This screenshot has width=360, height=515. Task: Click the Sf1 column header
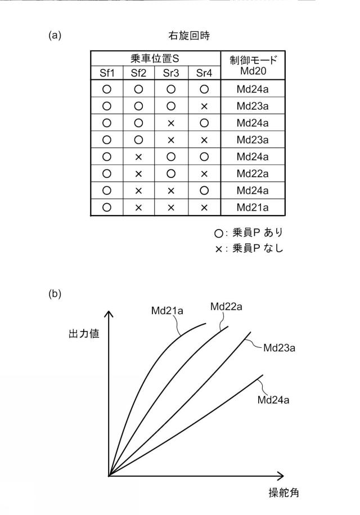pos(107,73)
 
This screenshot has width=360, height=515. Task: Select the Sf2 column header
pos(138,73)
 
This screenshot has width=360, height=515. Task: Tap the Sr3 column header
pos(171,73)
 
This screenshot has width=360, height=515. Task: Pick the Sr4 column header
pos(204,73)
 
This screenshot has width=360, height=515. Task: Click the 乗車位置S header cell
pos(155,59)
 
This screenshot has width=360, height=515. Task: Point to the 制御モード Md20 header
pos(253,65)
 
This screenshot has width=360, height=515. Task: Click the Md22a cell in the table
pos(253,173)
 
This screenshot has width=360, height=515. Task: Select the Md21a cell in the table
pos(253,208)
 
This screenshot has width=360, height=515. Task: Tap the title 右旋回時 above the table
pos(189,35)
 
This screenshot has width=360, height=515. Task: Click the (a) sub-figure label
pos(55,35)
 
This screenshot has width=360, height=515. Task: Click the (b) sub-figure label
pos(55,294)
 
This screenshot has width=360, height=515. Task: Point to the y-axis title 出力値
pos(84,334)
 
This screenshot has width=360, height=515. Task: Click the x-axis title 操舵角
pos(283,492)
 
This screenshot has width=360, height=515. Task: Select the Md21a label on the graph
pos(167,311)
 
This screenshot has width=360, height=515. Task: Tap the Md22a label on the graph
pos(227,307)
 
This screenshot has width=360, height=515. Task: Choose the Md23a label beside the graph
pos(279,348)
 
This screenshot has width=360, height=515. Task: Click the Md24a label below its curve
pos(273,400)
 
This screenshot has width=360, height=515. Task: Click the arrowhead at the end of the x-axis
pos(280,476)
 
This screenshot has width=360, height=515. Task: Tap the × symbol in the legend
pos(219,249)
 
